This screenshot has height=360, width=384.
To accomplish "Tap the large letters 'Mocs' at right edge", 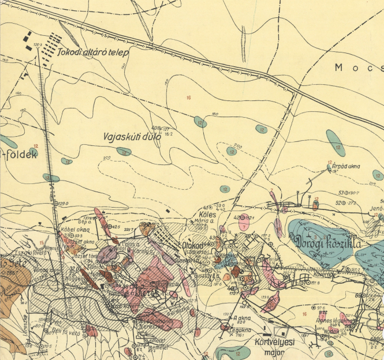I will (x=358, y=67).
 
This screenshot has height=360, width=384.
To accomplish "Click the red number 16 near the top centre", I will (x=188, y=98).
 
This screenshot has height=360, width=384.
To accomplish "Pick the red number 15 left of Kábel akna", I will (x=41, y=242).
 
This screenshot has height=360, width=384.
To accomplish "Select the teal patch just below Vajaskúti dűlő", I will (x=124, y=151).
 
